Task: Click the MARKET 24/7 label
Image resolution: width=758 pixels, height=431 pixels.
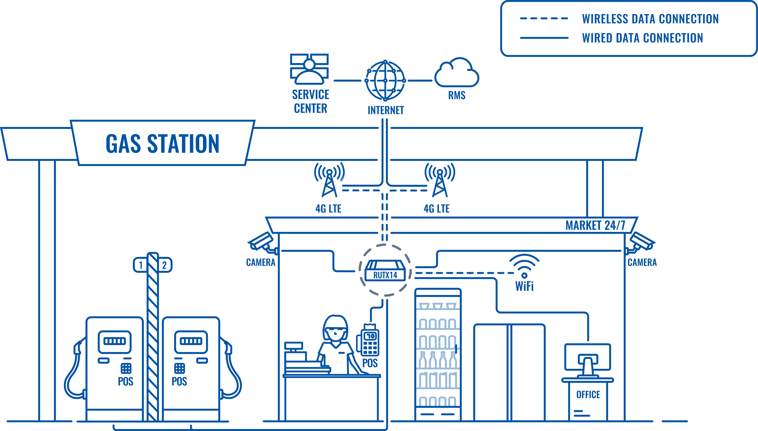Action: pos(595,225)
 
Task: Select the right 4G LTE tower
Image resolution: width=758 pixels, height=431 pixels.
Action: pos(440,180)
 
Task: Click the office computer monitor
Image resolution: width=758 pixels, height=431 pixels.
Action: pos(588,357)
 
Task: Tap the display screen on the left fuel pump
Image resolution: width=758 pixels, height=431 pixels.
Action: pos(115,342)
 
